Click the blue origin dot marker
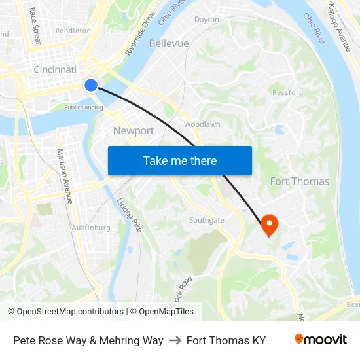tap(91, 84)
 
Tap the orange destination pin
tap(269, 225)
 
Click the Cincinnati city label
tap(55, 69)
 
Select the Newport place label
tap(134, 130)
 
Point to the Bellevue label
tap(169, 43)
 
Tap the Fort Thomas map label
tap(300, 181)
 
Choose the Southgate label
tap(206, 220)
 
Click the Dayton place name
tap(207, 20)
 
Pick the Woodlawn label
tap(202, 124)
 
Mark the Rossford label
tap(287, 92)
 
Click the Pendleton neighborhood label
tap(73, 30)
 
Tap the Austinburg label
tap(90, 228)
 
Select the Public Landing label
tap(83, 107)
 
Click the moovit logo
tap(320, 340)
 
